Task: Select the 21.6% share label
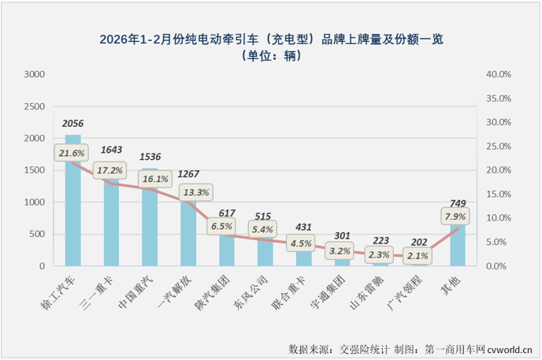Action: pyautogui.click(x=69, y=153)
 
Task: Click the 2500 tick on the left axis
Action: pyautogui.click(x=35, y=106)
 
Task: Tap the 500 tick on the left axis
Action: pyautogui.click(x=38, y=235)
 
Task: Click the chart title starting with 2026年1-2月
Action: pyautogui.click(x=270, y=39)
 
